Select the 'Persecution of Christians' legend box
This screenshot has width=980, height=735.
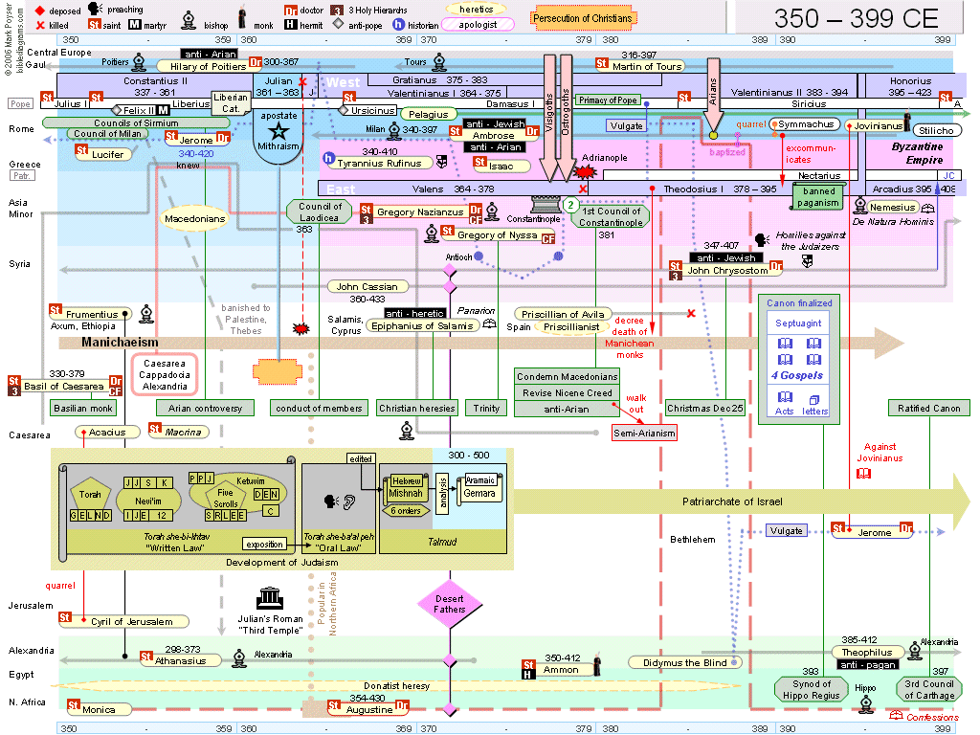[x=583, y=18]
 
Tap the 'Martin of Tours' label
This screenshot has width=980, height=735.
[x=648, y=66]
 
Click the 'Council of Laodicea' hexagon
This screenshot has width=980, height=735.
[x=320, y=212]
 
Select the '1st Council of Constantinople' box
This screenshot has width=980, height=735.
[x=612, y=216]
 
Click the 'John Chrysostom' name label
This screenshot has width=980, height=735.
[x=727, y=271]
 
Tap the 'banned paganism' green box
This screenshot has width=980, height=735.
[x=819, y=197]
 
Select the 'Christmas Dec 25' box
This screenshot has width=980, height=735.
[x=705, y=409]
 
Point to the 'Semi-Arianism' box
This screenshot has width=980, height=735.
[x=644, y=433]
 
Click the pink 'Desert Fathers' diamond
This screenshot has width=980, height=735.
[x=449, y=603]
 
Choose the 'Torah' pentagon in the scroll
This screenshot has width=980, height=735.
[x=90, y=495]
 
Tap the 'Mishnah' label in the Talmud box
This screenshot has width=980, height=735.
[x=406, y=494]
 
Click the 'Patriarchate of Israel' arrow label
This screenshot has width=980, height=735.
[x=732, y=501]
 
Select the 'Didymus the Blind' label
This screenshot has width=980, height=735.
[x=679, y=662]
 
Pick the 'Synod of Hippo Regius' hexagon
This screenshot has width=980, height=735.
[x=811, y=689]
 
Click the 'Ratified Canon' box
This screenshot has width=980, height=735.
[x=928, y=409]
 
